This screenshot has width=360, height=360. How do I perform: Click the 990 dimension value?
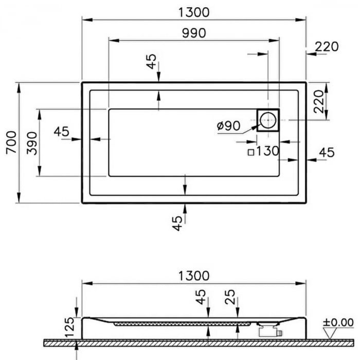click(194, 33)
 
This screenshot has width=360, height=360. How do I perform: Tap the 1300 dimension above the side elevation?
click(194, 276)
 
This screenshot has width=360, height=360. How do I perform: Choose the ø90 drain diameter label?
click(229, 125)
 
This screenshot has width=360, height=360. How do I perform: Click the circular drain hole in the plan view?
click(268, 120)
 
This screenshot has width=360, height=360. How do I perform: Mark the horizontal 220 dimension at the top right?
click(327, 47)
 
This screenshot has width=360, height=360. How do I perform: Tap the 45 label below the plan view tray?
click(177, 223)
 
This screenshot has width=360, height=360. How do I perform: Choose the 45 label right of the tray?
click(327, 152)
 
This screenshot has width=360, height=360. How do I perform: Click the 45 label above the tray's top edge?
click(151, 62)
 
